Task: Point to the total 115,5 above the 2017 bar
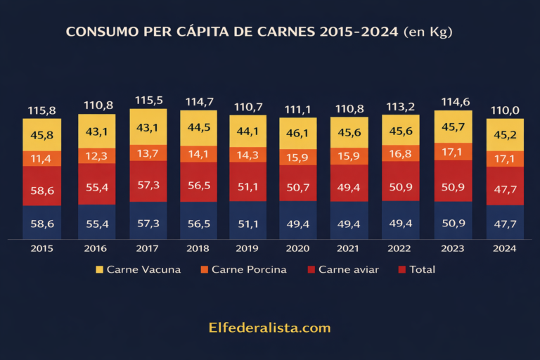pyautogui.click(x=148, y=101)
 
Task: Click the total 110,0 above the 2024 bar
pyautogui.click(x=504, y=110)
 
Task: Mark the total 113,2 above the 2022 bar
pyautogui.click(x=400, y=108)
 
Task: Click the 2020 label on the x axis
pyautogui.click(x=298, y=248)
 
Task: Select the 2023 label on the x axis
pyautogui.click(x=452, y=248)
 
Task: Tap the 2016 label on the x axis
pyautogui.click(x=96, y=248)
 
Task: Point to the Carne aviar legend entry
pyautogui.click(x=345, y=269)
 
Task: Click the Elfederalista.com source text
pyautogui.click(x=269, y=328)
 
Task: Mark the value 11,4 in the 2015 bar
pyautogui.click(x=41, y=158)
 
